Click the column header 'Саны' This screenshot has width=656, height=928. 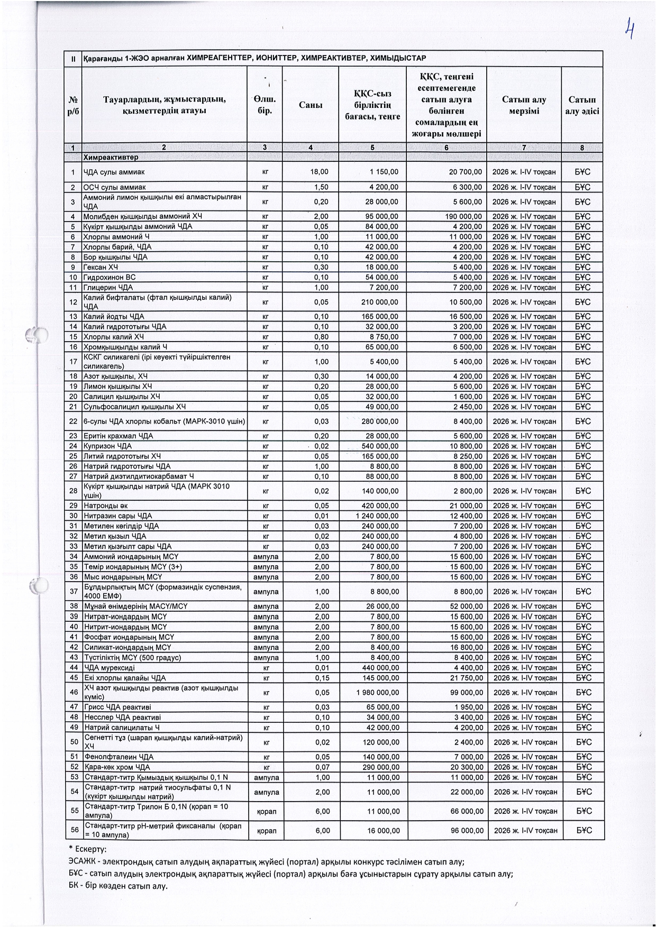click(311, 105)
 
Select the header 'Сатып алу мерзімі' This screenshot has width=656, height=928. click(524, 105)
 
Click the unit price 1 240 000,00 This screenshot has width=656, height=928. click(377, 516)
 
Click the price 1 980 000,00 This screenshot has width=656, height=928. click(378, 692)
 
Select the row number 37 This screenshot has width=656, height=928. click(74, 592)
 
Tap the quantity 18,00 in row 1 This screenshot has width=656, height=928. click(320, 172)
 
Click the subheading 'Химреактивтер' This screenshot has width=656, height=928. click(111, 158)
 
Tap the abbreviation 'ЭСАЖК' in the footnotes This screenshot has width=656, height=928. click(82, 861)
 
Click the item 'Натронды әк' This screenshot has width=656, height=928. click(106, 506)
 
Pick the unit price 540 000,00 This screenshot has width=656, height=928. click(380, 446)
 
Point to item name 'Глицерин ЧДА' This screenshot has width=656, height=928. click(108, 287)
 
